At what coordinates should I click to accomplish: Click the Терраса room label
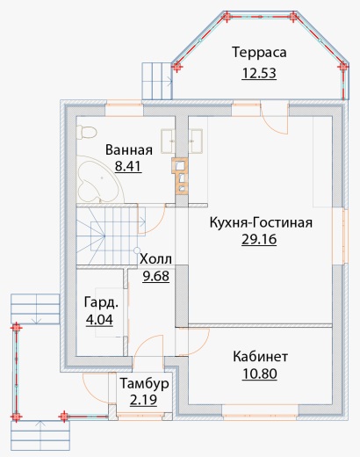pos(259,53)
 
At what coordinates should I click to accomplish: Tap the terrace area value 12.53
pos(259,73)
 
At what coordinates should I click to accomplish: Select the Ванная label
pos(129,149)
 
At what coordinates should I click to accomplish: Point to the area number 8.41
pos(128,166)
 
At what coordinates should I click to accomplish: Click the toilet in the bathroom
pos(86,133)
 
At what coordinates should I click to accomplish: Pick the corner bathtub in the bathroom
pos(98,179)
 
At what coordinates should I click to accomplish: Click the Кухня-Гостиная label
pos(261,222)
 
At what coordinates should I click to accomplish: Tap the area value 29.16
pos(259,239)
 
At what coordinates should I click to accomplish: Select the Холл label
pos(155,259)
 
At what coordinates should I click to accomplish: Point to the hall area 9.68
pos(156,276)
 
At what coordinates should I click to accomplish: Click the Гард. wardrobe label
pos(101,302)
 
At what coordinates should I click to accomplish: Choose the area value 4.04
pos(99,320)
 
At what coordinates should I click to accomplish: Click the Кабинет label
pos(261,357)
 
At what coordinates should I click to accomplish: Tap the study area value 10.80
pos(260,374)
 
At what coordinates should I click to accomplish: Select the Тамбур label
pos(145,384)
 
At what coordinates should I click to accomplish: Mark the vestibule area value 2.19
pos(143,400)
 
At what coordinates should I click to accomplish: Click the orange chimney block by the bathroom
pos(180,175)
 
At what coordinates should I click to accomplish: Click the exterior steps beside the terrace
pos(157,81)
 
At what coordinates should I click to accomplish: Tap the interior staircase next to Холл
pos(107,236)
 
